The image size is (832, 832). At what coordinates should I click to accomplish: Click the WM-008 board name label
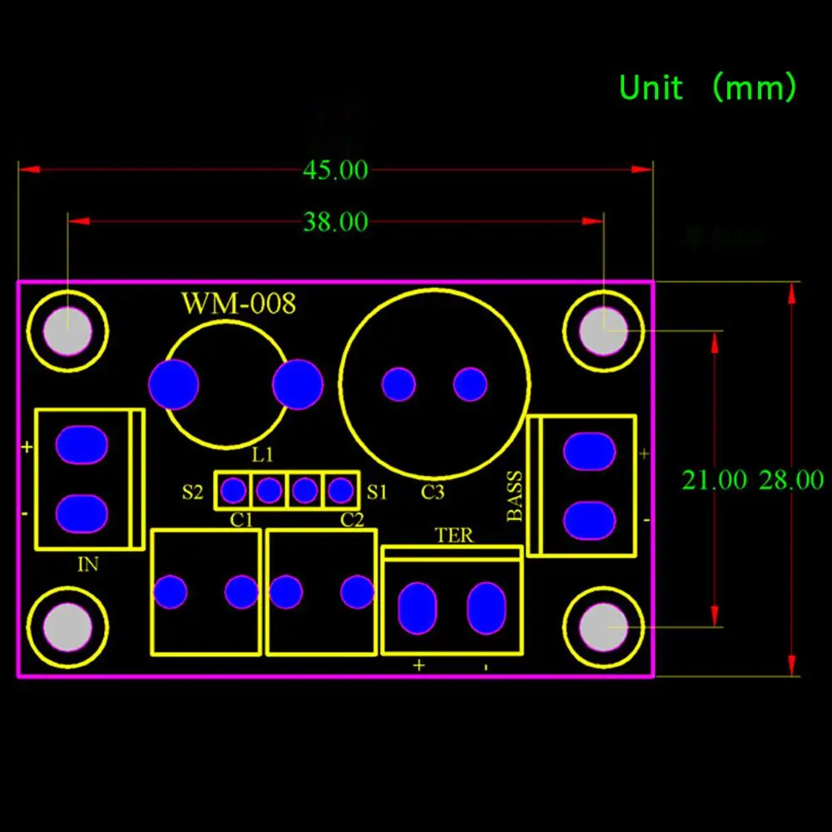pos(239,304)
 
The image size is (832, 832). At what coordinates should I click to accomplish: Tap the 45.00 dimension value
pos(335,171)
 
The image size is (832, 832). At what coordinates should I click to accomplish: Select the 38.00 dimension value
pos(335,222)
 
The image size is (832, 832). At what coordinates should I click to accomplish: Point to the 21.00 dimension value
pos(714,480)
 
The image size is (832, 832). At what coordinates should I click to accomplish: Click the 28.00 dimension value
pos(790,480)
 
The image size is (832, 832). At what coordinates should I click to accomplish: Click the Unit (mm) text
pos(707,87)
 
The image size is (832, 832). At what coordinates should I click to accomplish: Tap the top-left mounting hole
pos(67,330)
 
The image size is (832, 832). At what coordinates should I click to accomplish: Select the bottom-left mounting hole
pos(67,626)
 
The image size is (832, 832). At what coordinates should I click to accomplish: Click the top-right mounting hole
pos(604,330)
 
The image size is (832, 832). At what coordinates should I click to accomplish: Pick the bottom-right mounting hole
pos(604,626)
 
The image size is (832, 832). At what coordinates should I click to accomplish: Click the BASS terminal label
pos(516,497)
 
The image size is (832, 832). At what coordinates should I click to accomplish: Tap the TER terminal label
pos(453,536)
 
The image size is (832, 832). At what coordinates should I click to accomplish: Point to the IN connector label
pos(87,564)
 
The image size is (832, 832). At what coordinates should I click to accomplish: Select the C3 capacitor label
pos(433,493)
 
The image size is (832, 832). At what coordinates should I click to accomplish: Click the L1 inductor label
pos(262,456)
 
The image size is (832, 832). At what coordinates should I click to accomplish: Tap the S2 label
pos(192,492)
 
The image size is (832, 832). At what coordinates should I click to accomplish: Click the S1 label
pos(377,492)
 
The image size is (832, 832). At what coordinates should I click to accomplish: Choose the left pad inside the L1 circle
pos(174,384)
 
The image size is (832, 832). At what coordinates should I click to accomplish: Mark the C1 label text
pos(242,521)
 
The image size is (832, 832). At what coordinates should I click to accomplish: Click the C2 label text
pos(352,521)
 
